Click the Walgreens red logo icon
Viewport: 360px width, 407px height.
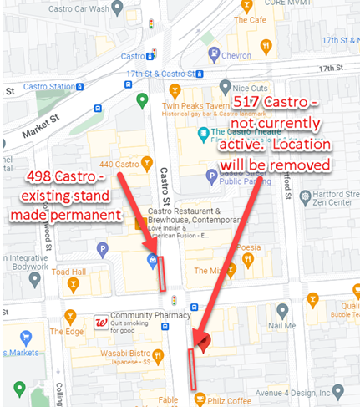[99, 322]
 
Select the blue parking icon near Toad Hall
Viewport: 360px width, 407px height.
[102, 249]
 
